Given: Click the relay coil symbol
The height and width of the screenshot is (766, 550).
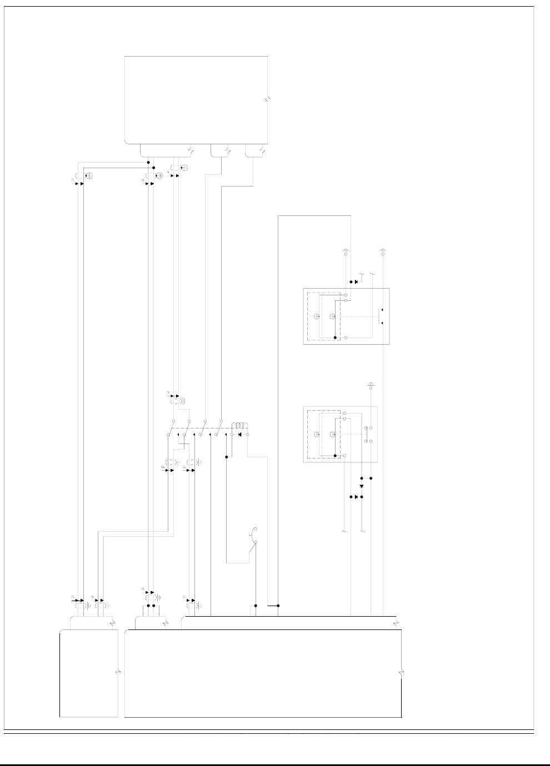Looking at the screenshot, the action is pos(239,425).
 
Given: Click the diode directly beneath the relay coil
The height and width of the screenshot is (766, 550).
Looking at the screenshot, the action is pos(239,434).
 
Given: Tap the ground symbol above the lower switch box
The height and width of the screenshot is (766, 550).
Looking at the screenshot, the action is pos(371,385).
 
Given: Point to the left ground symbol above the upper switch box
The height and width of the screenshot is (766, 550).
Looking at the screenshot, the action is pos(346,251).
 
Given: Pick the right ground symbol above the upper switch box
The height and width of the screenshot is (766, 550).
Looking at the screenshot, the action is pos(383,251).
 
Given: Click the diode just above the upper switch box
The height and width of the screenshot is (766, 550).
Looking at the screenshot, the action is pos(356,282).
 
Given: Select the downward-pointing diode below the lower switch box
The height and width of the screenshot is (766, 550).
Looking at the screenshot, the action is pos(361,486).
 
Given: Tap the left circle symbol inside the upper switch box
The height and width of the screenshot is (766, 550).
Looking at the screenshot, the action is pos(316,316).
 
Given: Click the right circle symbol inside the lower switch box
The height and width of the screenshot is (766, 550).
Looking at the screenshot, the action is pos(333,435).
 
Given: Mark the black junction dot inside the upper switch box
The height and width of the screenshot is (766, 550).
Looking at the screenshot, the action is pos(336,337).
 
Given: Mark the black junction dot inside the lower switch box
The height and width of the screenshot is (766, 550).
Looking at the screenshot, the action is pos(336,456).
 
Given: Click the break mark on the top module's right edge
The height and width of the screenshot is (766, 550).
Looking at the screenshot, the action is pos(267,100).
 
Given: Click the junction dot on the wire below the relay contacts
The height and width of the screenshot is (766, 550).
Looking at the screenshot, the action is pos(227,457).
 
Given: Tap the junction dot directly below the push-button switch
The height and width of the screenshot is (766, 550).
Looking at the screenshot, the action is pos(256,606).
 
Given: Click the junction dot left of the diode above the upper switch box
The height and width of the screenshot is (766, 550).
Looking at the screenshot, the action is pos(350,282).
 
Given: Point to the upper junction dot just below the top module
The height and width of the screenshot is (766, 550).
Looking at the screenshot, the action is pos(148,163).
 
